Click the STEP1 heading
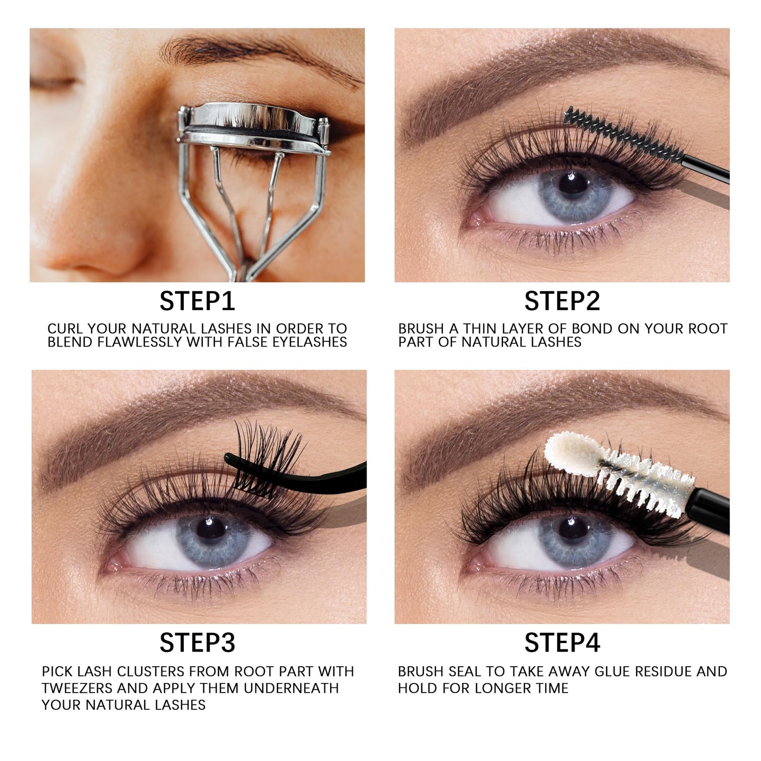point(197,301)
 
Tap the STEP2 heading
point(562,301)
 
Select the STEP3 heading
point(197,643)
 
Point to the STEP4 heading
point(562,643)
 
